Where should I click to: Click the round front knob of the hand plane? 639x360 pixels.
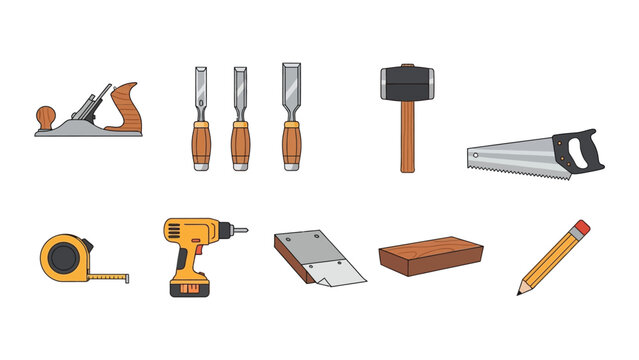click(x=45, y=116)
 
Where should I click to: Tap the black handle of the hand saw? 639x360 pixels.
click(x=580, y=151)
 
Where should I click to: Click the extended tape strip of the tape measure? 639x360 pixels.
click(x=111, y=273)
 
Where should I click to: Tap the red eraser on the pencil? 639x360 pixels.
click(x=580, y=229)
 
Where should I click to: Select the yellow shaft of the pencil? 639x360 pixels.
click(x=550, y=260)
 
